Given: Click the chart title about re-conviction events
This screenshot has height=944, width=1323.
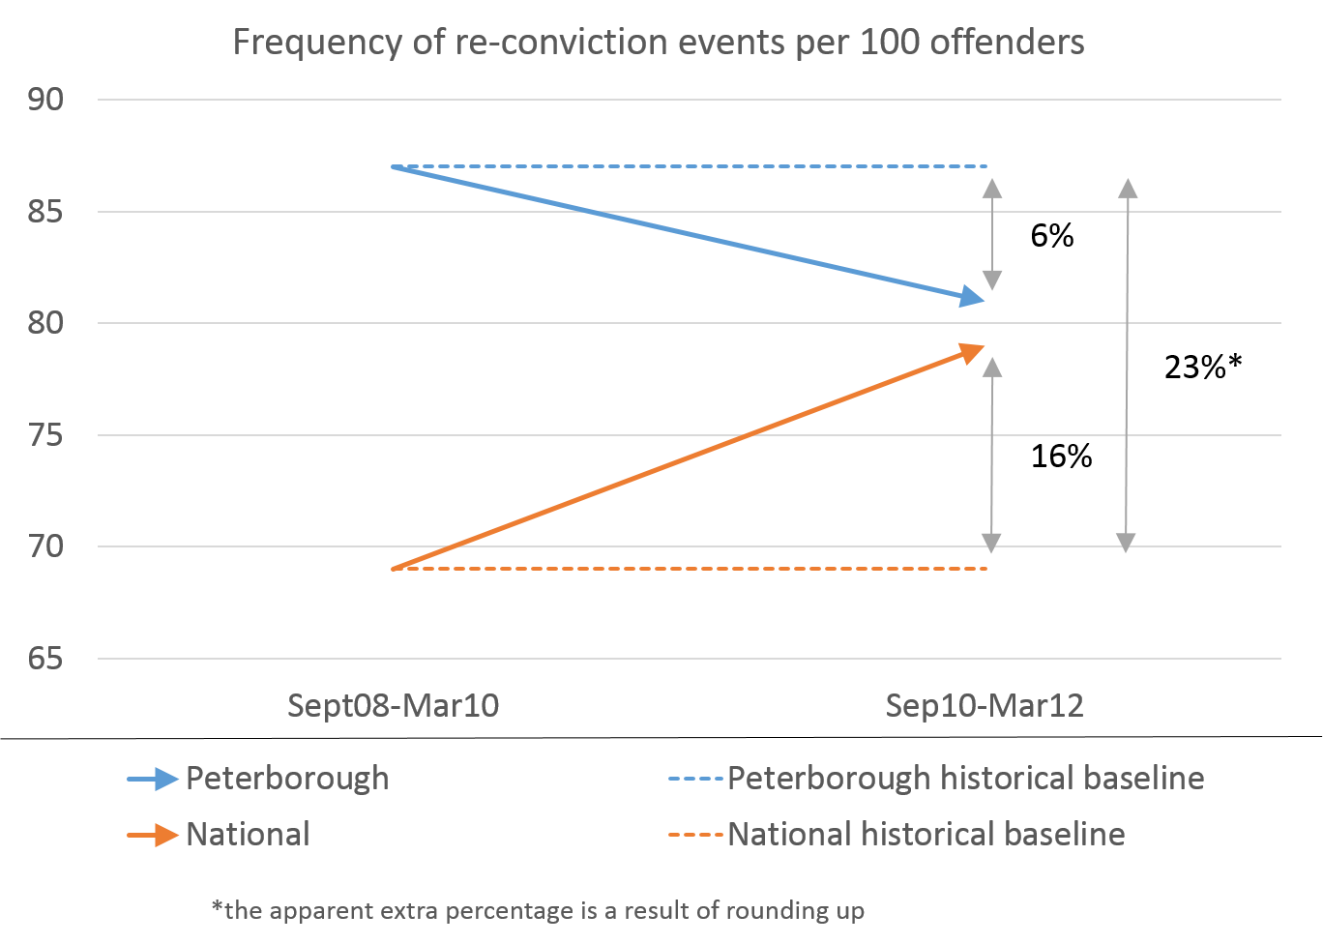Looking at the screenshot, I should (x=658, y=44).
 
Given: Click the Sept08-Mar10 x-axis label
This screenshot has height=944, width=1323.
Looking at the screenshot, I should (x=394, y=706).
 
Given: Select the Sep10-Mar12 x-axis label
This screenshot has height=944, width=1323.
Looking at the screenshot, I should (x=985, y=706).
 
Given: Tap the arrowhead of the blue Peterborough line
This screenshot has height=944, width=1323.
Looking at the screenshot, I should (x=973, y=298).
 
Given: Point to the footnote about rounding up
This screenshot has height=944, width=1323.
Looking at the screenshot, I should (x=538, y=910).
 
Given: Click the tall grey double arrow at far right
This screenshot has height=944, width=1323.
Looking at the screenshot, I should (x=1127, y=366).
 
